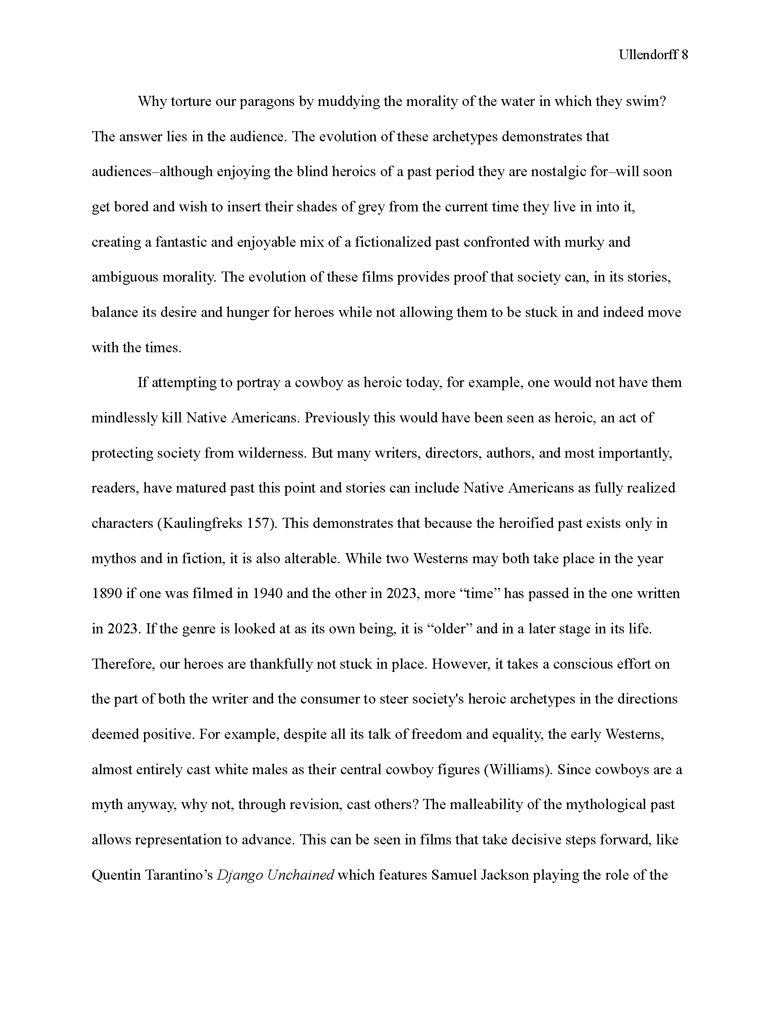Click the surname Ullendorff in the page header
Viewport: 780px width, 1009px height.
648,55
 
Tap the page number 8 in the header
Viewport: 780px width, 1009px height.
685,55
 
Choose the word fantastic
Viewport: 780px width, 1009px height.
181,242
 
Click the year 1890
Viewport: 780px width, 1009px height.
107,593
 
